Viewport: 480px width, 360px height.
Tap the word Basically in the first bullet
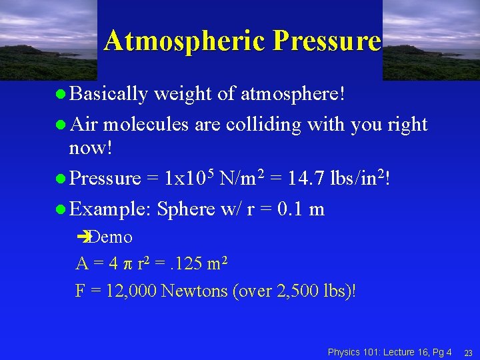[x=108, y=94]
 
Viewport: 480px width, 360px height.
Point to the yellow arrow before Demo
[x=83, y=237]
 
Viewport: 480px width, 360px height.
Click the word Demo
[x=111, y=237]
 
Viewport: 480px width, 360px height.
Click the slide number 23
[x=467, y=352]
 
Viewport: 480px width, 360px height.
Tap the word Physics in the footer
[x=343, y=351]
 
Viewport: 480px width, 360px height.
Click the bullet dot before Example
[x=61, y=210]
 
